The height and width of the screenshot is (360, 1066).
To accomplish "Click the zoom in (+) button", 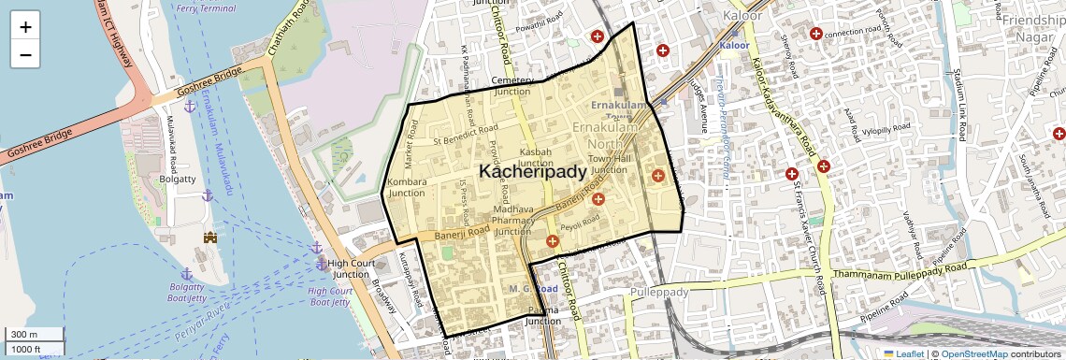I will click(25, 27).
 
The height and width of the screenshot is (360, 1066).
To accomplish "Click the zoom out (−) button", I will click(25, 55).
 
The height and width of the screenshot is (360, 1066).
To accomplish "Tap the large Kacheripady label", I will click(533, 171).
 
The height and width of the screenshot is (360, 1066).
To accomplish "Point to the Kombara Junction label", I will click(406, 186).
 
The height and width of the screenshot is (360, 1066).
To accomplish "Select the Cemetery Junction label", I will click(511, 86).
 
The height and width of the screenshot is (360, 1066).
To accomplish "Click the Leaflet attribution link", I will click(904, 353).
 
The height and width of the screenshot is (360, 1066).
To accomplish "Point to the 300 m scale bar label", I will click(24, 334).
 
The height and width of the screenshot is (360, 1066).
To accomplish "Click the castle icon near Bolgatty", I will click(210, 238).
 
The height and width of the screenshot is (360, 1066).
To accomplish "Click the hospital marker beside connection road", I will click(816, 34).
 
